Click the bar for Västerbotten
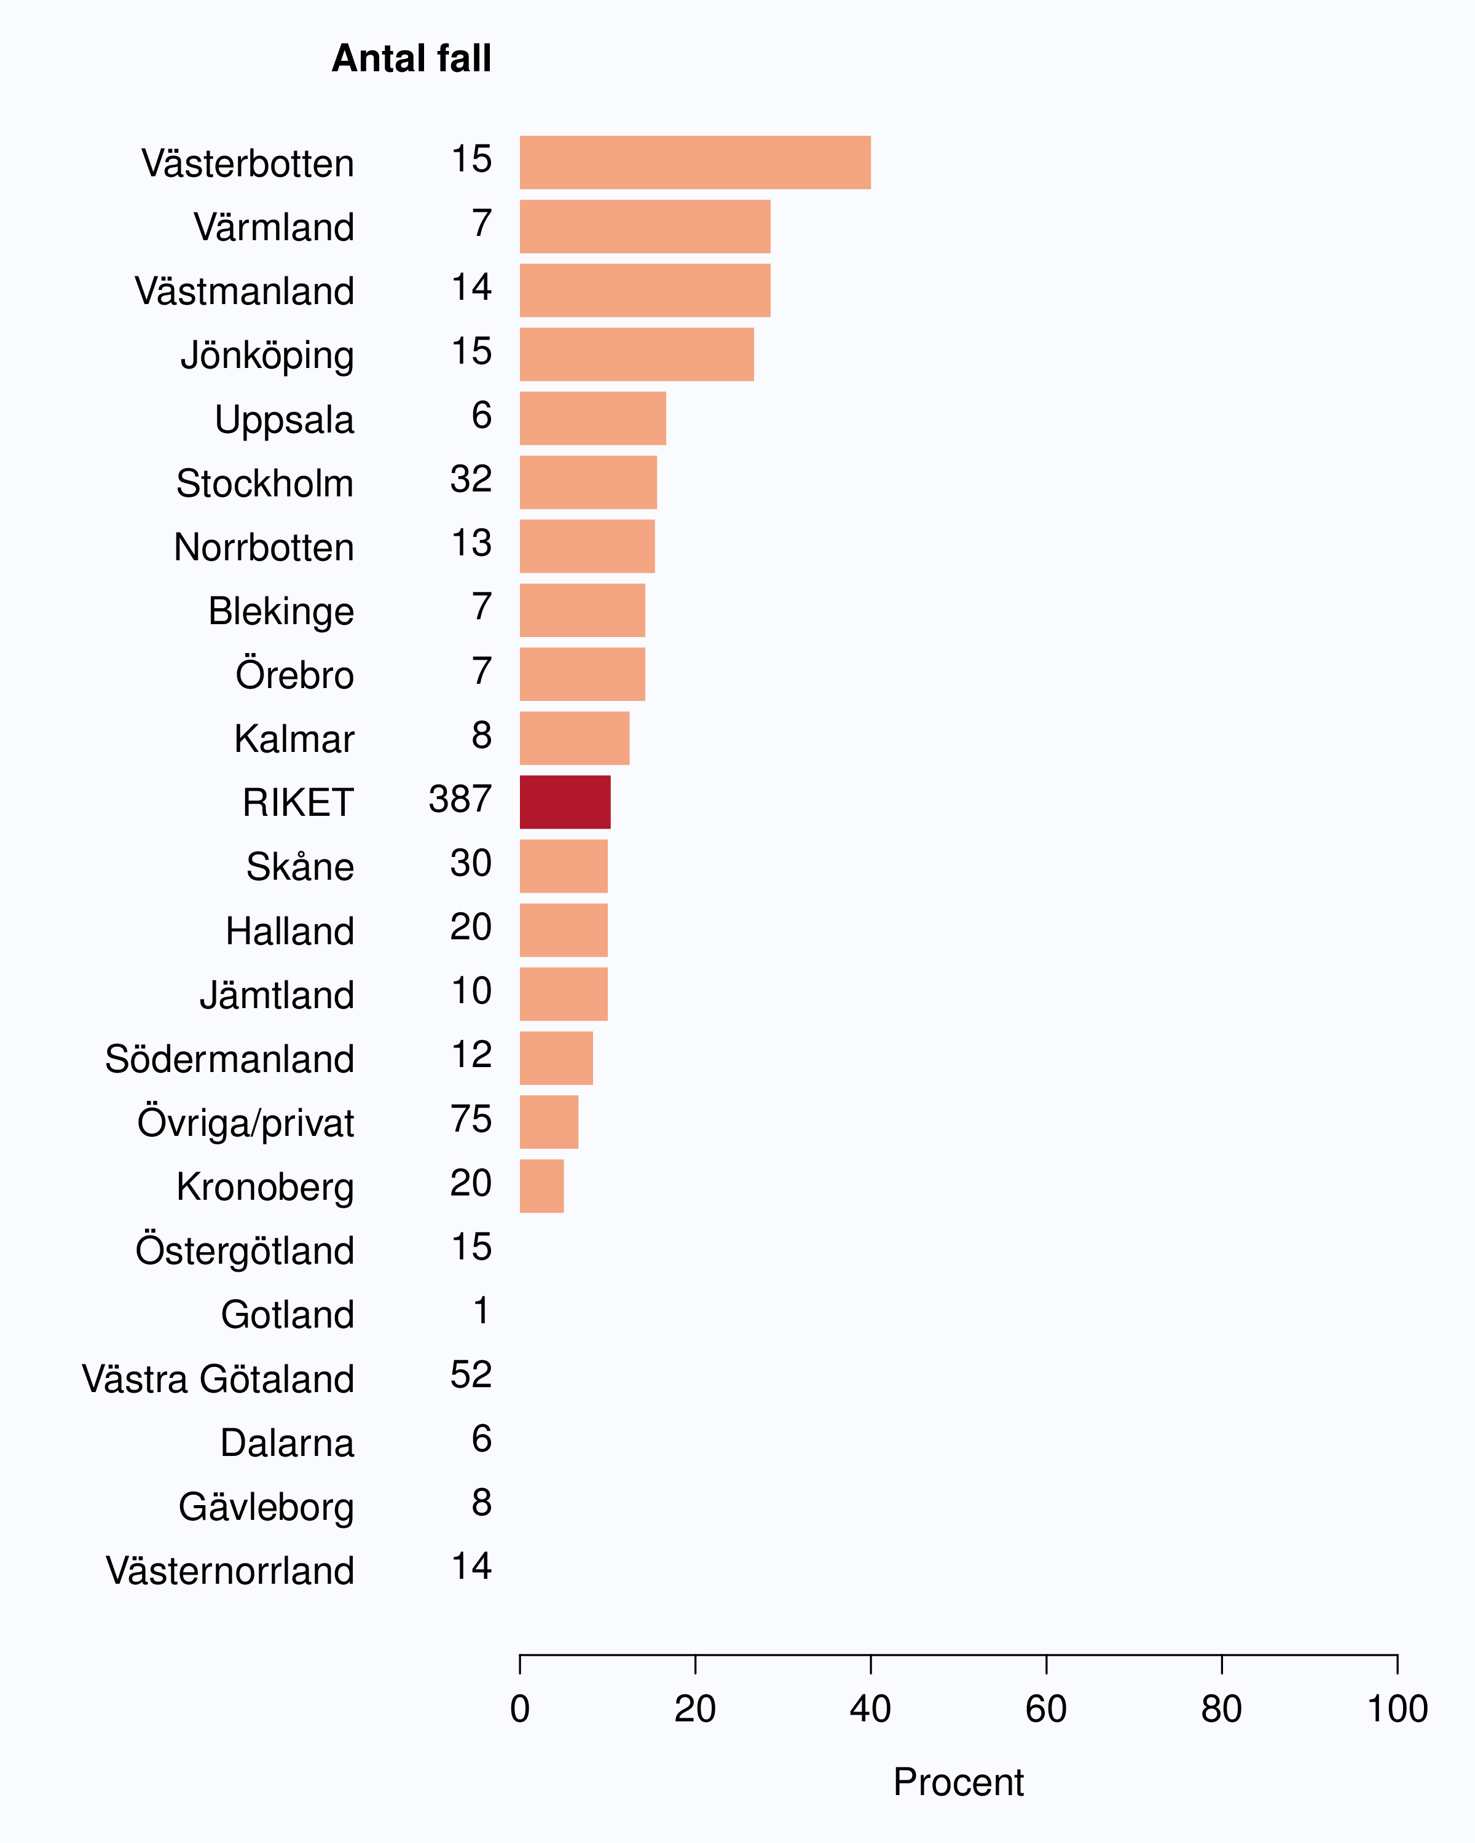(x=695, y=162)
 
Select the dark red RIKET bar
(x=565, y=802)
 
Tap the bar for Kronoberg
(x=542, y=1186)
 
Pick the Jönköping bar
(x=637, y=354)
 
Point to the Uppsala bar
(x=592, y=418)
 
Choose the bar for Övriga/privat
(x=549, y=1122)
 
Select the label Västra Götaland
(x=218, y=1379)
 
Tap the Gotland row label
(x=287, y=1315)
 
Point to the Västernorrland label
(x=230, y=1570)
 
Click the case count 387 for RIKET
(x=460, y=799)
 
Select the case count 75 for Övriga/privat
(x=471, y=1119)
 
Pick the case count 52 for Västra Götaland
(x=471, y=1374)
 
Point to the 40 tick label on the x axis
(x=870, y=1709)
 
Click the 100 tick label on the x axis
(x=1397, y=1709)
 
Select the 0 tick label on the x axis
(x=520, y=1709)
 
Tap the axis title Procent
(x=959, y=1782)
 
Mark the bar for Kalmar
(x=575, y=738)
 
